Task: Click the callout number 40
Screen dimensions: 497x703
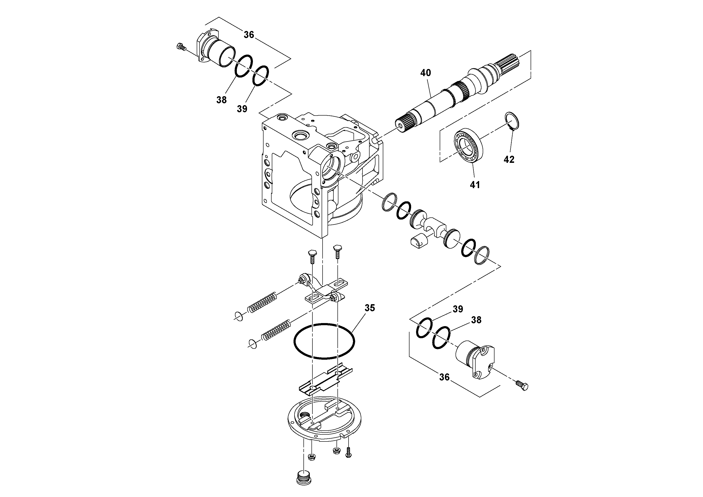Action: coord(425,73)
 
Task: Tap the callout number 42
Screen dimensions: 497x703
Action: coord(509,159)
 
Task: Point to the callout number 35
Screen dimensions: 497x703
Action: coord(370,308)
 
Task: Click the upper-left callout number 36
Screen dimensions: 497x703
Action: coord(249,35)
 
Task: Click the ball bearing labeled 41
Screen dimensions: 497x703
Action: coord(469,146)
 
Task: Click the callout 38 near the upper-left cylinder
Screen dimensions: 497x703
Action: coord(221,100)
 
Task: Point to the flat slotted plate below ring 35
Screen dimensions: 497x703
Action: coord(326,380)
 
